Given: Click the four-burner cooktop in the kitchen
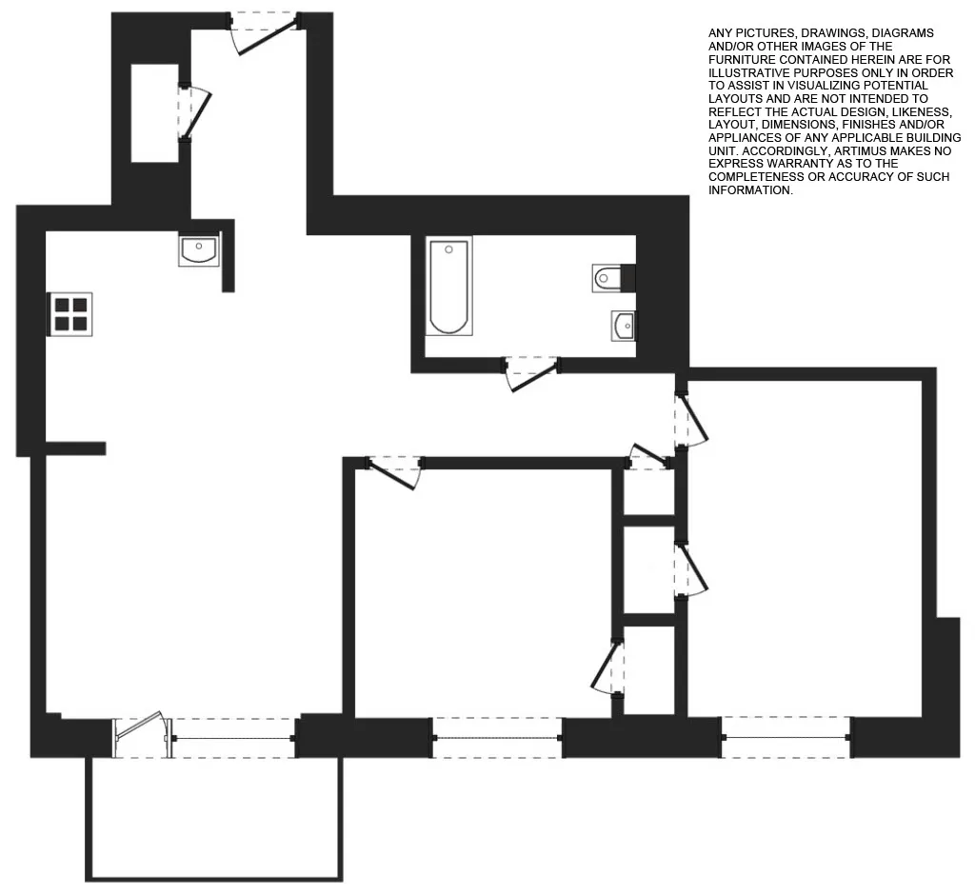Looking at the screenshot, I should [x=70, y=314].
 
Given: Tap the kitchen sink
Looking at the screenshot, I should [x=198, y=250].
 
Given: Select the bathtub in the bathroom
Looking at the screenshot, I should [x=448, y=287].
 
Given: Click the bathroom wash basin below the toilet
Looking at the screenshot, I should [x=624, y=327].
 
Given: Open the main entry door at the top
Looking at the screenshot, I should [x=264, y=32].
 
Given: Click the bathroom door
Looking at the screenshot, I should [x=531, y=372].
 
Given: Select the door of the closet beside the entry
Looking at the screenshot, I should [x=196, y=113].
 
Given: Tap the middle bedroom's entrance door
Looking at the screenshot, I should [x=394, y=471].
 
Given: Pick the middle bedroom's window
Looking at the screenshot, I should [x=497, y=738].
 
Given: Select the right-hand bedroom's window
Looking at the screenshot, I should [x=786, y=738].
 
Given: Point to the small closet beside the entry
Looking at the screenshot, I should [x=155, y=113].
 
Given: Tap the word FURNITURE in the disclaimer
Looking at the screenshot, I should [x=742, y=59].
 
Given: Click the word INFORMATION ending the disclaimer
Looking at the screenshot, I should [x=749, y=190].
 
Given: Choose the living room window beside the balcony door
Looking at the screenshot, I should [x=234, y=738].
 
